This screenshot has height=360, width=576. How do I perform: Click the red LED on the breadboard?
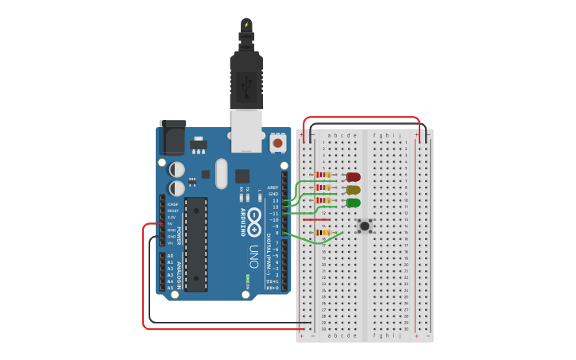354,176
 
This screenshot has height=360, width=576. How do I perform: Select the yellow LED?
354,190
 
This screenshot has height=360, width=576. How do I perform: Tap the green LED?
354,203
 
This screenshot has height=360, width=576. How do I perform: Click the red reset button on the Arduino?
277,143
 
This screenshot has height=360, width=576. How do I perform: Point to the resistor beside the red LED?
323,175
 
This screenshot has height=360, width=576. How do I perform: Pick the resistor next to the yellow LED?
323,188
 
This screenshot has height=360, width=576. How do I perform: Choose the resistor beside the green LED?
323,200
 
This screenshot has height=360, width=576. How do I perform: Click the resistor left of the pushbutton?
323,233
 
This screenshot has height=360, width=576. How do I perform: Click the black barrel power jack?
172,138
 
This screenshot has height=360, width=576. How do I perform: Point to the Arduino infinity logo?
253,223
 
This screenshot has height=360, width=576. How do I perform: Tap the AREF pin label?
273,188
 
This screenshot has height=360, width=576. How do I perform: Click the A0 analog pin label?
170,256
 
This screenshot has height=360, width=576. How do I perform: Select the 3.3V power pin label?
171,217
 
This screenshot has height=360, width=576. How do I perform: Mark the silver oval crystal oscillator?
221,173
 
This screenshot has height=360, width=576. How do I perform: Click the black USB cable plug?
246,79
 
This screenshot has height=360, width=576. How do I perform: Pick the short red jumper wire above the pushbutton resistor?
316,219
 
